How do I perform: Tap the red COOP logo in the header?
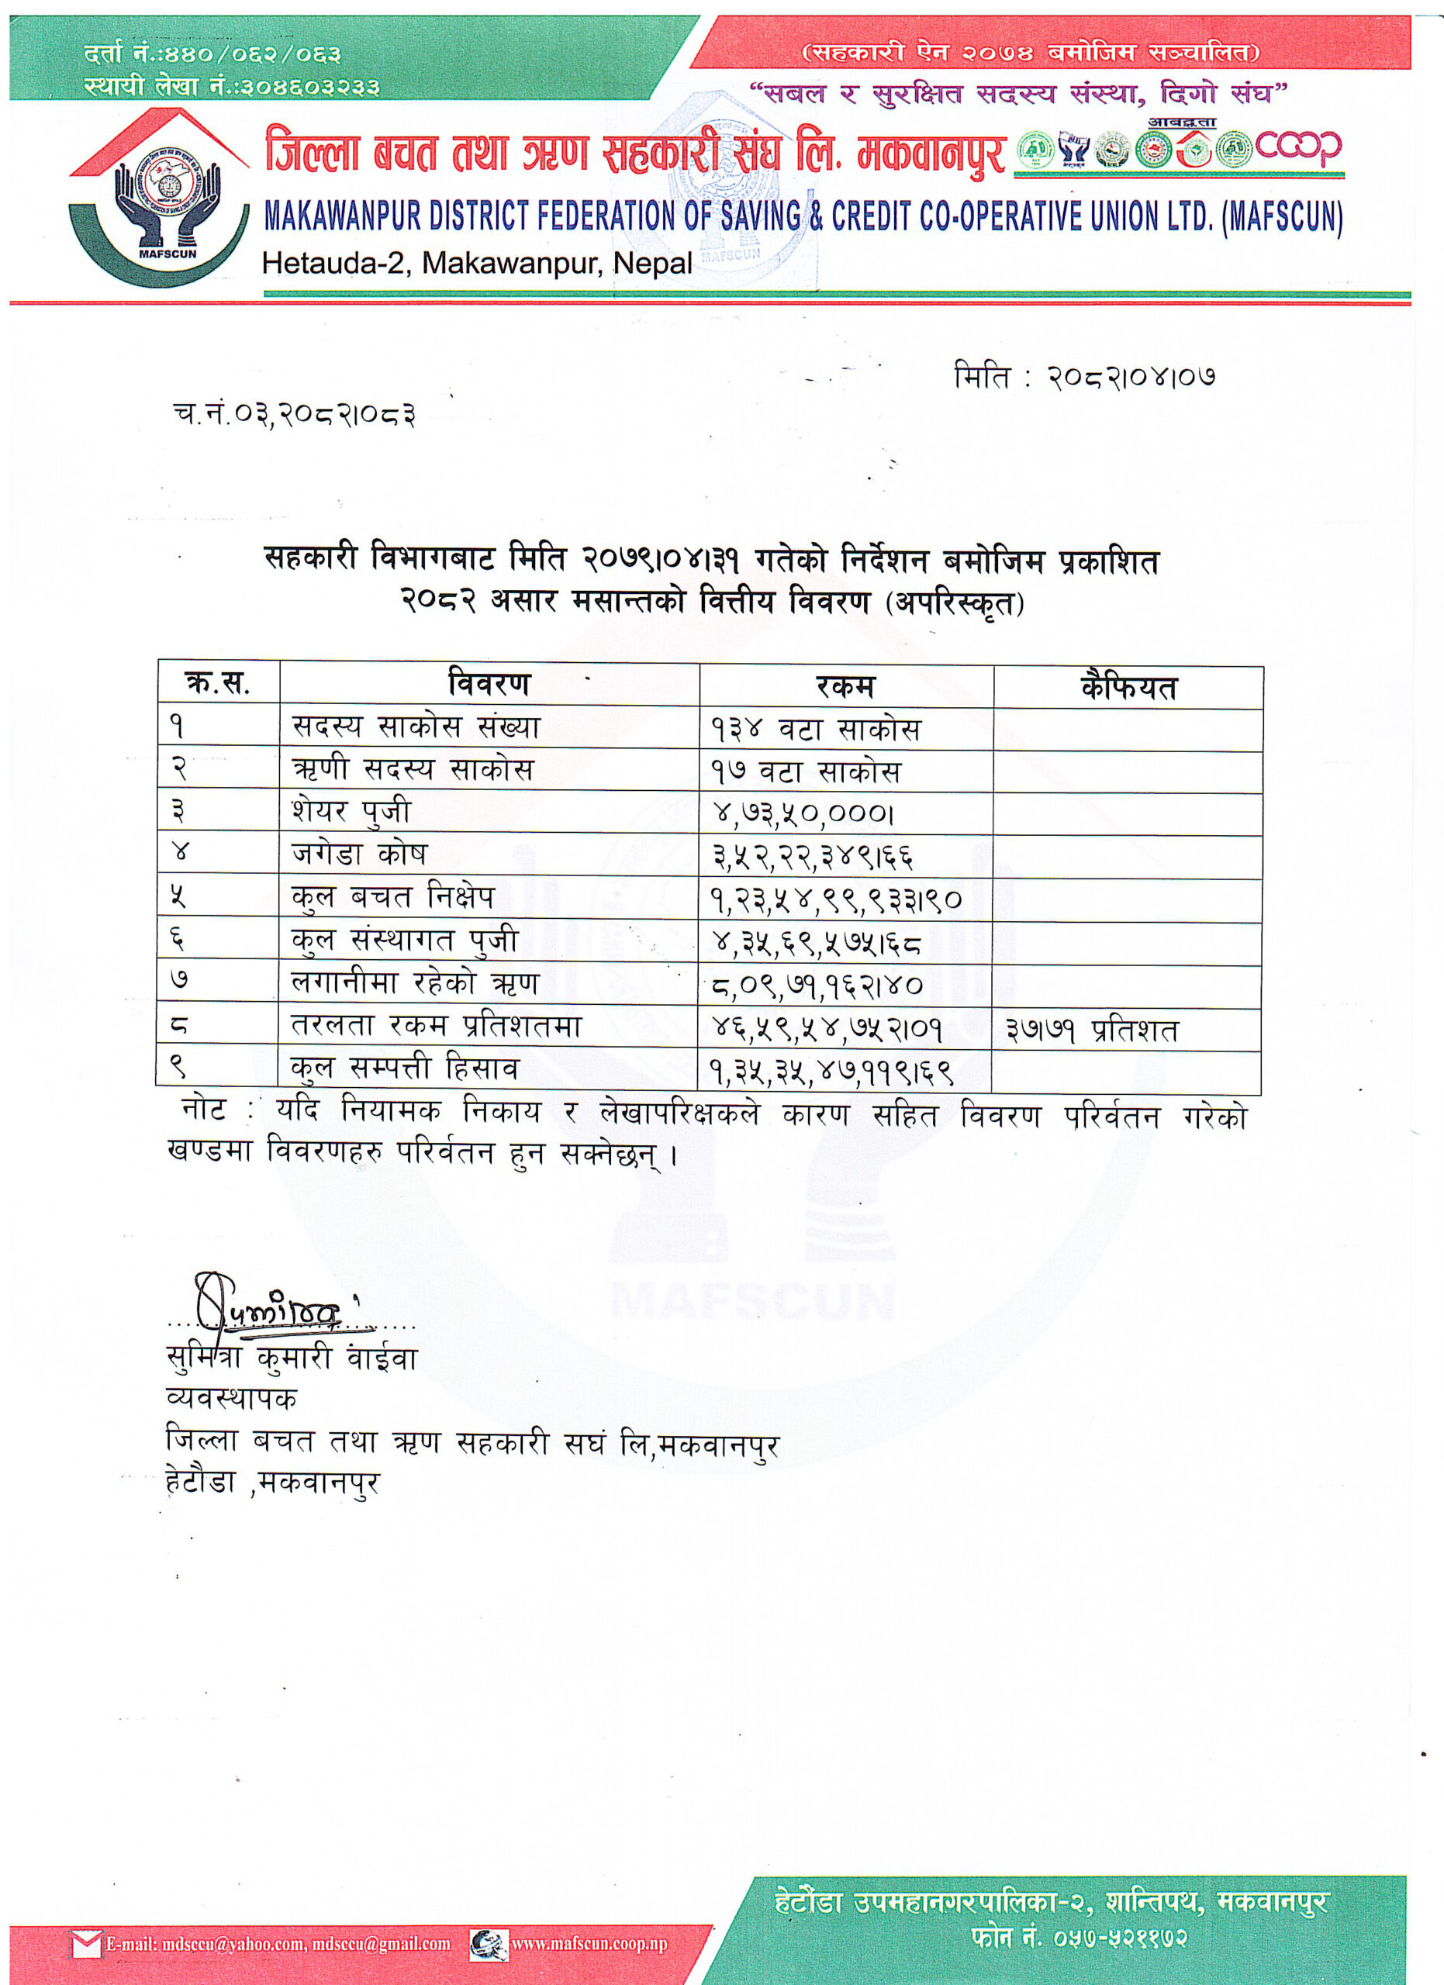click(x=1298, y=149)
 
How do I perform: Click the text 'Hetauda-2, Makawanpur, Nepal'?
click(x=477, y=264)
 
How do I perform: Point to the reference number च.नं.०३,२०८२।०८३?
click(x=294, y=414)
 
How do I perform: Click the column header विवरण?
click(x=489, y=684)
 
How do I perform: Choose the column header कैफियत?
click(x=1128, y=688)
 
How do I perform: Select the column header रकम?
click(x=845, y=686)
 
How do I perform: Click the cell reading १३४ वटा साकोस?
click(x=816, y=729)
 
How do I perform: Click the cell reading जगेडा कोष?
click(x=360, y=854)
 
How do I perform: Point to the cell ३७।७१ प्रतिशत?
click(x=1091, y=1030)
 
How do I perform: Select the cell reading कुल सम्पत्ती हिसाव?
click(x=404, y=1068)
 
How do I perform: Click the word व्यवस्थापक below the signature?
click(x=231, y=1398)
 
